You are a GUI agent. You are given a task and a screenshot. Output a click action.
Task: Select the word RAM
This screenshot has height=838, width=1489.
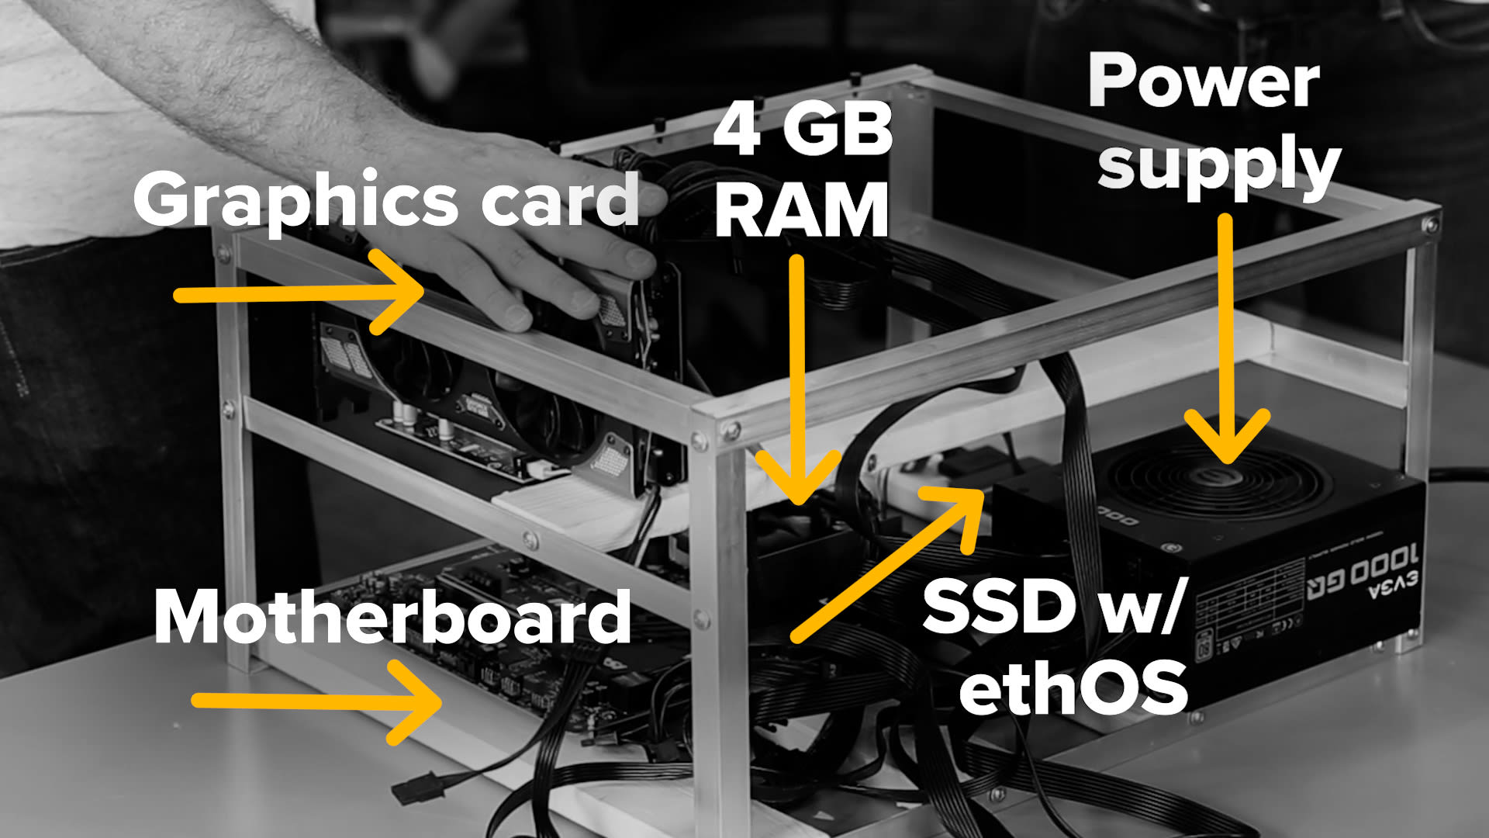pos(802,210)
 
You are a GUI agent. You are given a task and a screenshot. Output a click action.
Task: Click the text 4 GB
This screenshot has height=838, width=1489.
pos(803,130)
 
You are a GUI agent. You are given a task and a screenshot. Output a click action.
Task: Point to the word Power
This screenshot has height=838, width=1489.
pos(1204,81)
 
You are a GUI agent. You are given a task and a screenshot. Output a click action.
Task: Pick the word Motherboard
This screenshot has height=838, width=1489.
pos(392,617)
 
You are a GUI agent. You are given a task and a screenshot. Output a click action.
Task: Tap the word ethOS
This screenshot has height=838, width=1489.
pos(1074,686)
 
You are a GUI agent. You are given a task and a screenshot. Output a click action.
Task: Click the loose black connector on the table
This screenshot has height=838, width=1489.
pos(419,788)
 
